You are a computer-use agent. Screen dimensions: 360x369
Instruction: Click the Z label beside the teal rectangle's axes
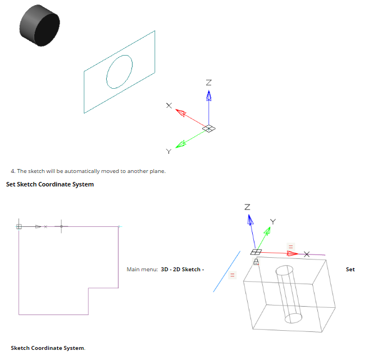click(x=209, y=83)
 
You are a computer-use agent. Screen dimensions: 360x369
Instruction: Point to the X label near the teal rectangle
click(x=168, y=105)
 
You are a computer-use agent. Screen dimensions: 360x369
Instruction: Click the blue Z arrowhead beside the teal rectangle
click(x=209, y=97)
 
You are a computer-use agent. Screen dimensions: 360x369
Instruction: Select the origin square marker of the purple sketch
click(x=19, y=226)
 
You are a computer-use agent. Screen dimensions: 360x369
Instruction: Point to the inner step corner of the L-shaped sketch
click(x=88, y=288)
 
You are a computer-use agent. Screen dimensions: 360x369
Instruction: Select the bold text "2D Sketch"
click(x=186, y=270)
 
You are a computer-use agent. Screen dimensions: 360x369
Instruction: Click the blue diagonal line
click(x=226, y=271)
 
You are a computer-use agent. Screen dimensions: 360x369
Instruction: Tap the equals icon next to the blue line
click(x=232, y=275)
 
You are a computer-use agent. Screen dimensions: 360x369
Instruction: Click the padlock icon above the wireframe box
click(x=256, y=262)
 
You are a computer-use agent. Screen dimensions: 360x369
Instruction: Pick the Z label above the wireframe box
click(x=247, y=207)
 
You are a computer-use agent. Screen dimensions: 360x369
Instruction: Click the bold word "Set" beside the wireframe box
click(x=350, y=270)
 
